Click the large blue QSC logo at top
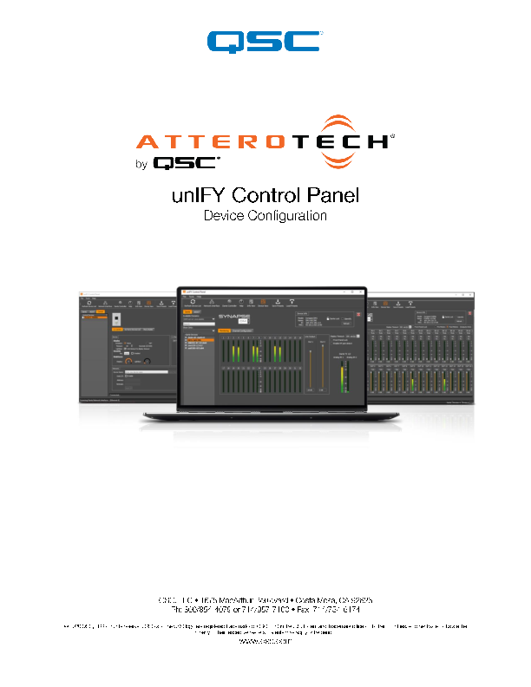pyautogui.click(x=265, y=41)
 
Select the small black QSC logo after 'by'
pyautogui.click(x=187, y=162)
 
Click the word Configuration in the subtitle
pyautogui.click(x=287, y=215)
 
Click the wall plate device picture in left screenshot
pyautogui.click(x=118, y=323)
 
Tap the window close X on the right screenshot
pyautogui.click(x=470, y=291)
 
